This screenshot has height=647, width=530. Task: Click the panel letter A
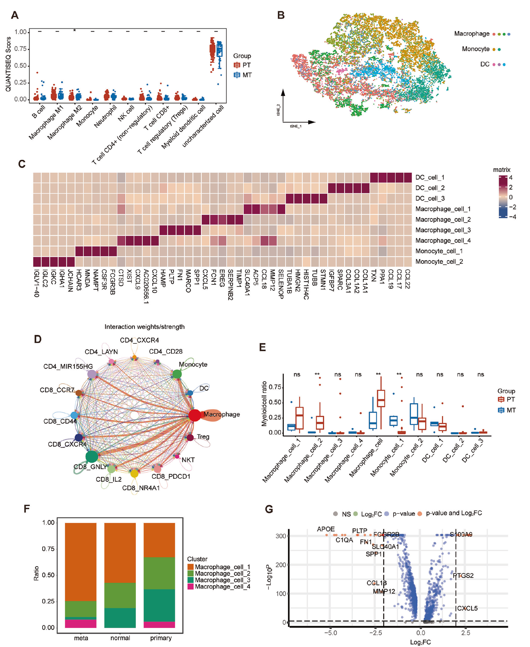pyautogui.click(x=14, y=15)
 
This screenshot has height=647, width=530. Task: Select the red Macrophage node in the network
pyautogui.click(x=194, y=415)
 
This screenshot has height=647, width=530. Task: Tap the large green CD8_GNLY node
pyautogui.click(x=92, y=456)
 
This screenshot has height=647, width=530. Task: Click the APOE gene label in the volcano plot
pyautogui.click(x=326, y=529)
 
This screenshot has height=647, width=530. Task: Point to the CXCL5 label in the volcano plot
pyautogui.click(x=467, y=608)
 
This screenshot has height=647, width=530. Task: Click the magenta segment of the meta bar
pyautogui.click(x=81, y=624)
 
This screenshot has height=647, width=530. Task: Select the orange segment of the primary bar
pyautogui.click(x=159, y=540)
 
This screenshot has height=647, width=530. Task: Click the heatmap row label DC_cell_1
pyautogui.click(x=429, y=178)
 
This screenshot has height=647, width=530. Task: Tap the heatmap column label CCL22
pyautogui.click(x=407, y=279)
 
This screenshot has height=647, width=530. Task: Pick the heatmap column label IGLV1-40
pyautogui.click(x=37, y=283)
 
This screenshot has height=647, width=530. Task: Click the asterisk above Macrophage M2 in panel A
pyautogui.click(x=75, y=30)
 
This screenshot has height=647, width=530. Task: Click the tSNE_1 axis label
pyautogui.click(x=296, y=126)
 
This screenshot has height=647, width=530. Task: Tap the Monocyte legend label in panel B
pyautogui.click(x=475, y=49)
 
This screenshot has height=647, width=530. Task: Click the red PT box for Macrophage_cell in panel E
pyautogui.click(x=381, y=398)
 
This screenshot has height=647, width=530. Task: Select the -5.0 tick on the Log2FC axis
pyautogui.click(x=330, y=633)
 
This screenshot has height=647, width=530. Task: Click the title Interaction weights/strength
pyautogui.click(x=144, y=327)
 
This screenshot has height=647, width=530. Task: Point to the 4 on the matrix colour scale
pyautogui.click(x=510, y=178)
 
